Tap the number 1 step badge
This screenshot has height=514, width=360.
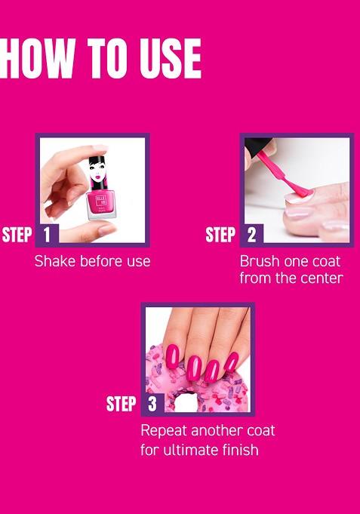[x=46, y=235]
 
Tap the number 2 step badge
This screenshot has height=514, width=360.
[x=251, y=235]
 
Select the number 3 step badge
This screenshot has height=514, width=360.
[x=152, y=404]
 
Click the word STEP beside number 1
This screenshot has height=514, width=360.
[x=17, y=235]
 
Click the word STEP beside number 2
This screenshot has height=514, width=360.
[x=221, y=235]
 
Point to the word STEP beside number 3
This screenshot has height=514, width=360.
[x=121, y=404]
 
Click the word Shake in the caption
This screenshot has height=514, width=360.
[x=54, y=261]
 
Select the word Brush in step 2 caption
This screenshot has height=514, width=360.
[x=260, y=261]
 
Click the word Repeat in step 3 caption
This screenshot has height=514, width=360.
[x=165, y=432]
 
